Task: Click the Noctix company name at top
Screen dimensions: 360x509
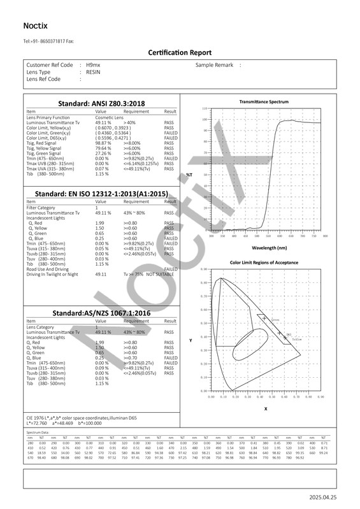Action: pyautogui.click(x=36, y=26)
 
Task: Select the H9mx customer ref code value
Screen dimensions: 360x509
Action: pyautogui.click(x=93, y=65)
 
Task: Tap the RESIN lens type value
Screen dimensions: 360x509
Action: pyautogui.click(x=93, y=72)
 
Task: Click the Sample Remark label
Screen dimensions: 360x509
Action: pyautogui.click(x=215, y=65)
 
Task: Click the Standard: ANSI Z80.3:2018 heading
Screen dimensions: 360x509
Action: pyautogui.click(x=102, y=103)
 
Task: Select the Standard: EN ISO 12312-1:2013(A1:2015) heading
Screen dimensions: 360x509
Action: pyautogui.click(x=101, y=193)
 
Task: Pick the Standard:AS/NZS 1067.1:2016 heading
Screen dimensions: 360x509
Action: pyautogui.click(x=101, y=314)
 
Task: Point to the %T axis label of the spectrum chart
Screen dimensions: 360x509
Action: pyautogui.click(x=189, y=174)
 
